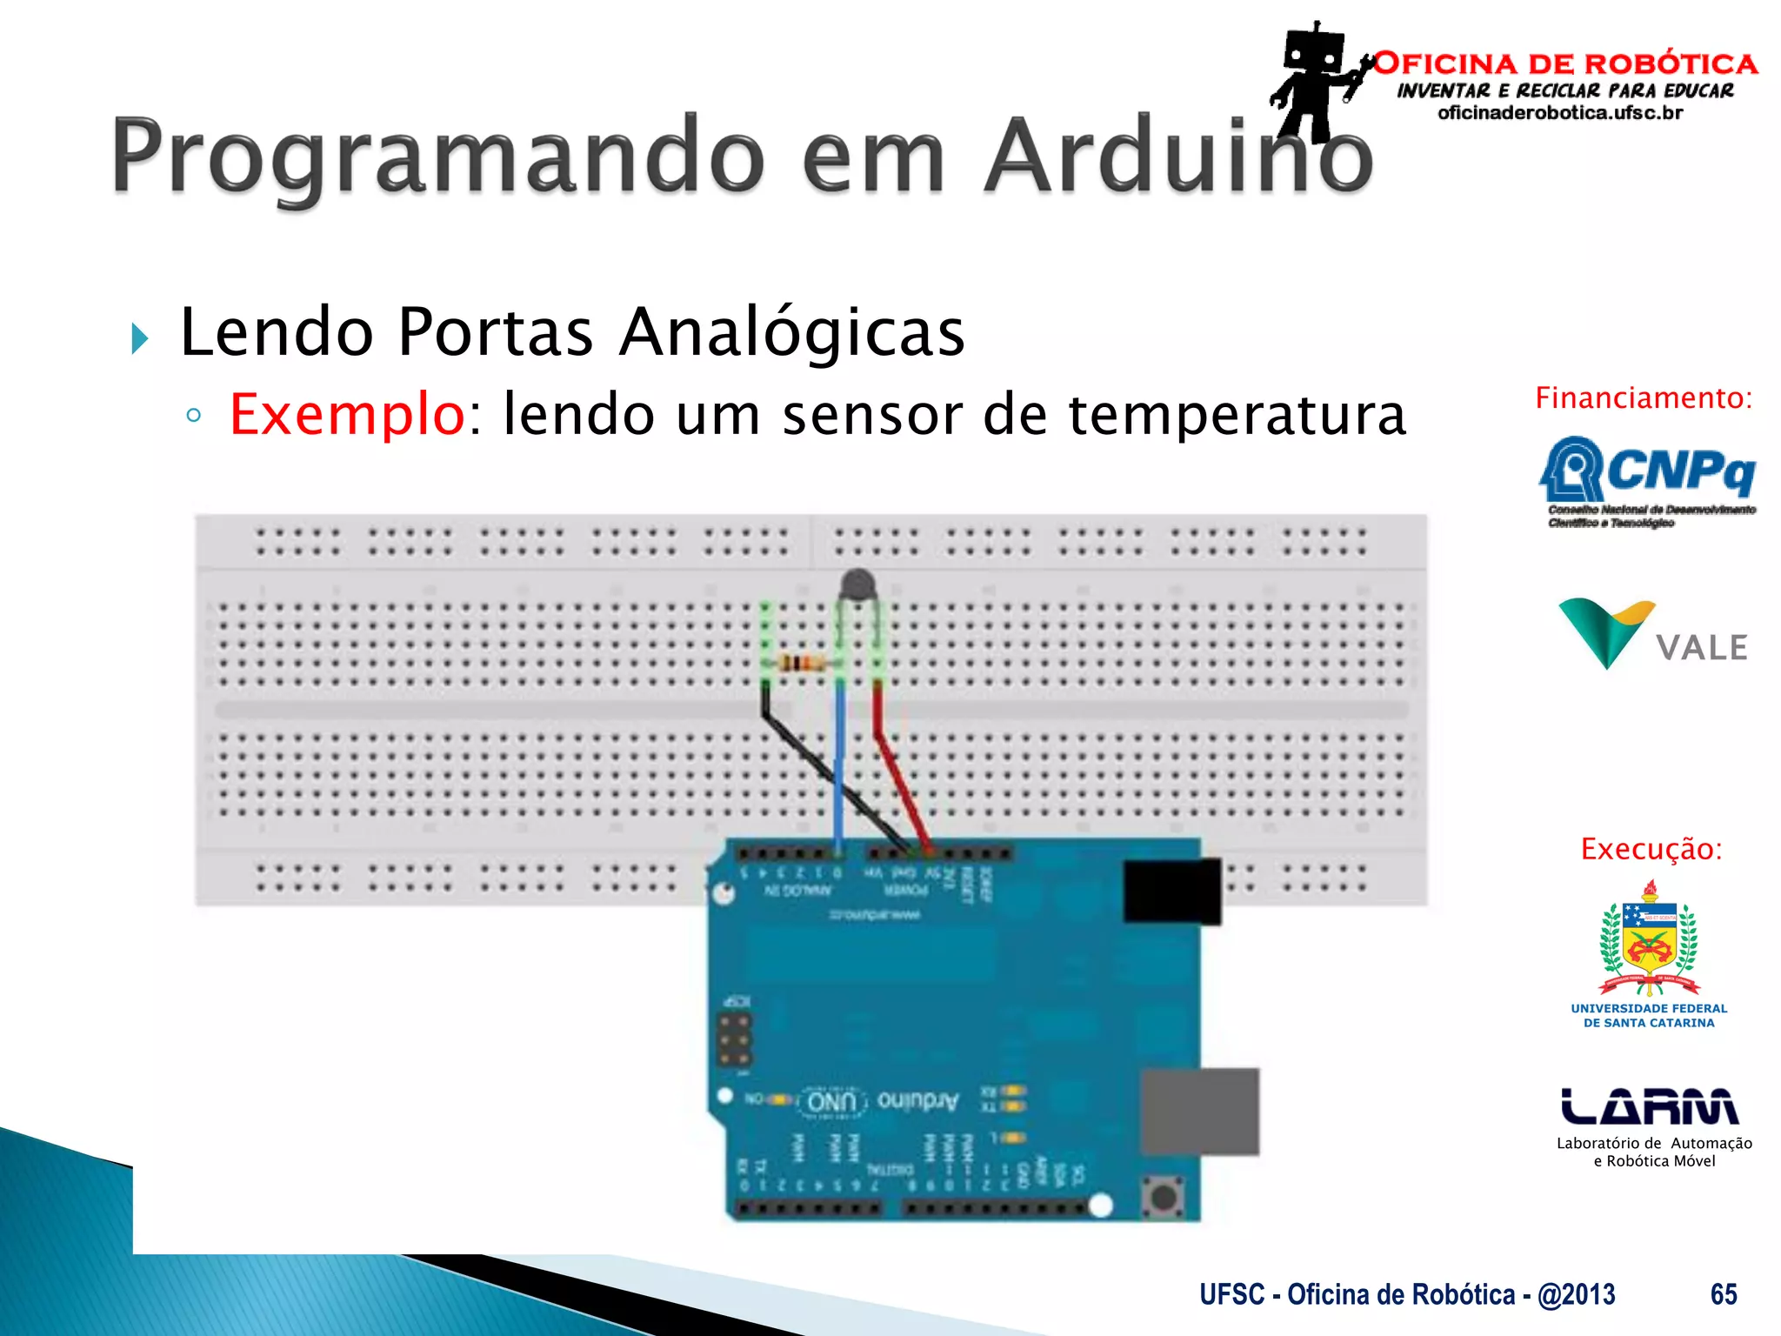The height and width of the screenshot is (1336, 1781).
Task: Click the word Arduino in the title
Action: coord(1178,157)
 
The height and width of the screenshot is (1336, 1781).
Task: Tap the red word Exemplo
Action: coord(347,414)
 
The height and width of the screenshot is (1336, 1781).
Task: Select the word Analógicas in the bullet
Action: coord(791,332)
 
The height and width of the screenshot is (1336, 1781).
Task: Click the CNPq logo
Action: coord(1648,480)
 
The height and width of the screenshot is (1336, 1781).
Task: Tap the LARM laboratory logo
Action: coord(1650,1107)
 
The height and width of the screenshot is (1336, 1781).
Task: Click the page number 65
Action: coord(1723,1294)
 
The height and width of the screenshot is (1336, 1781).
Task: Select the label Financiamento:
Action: coord(1644,398)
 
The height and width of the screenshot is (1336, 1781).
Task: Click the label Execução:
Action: coord(1651,849)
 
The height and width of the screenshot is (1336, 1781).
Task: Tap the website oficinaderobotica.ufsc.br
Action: coord(1560,113)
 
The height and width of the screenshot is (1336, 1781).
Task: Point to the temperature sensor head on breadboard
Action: coord(858,584)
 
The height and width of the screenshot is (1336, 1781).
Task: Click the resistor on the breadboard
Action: coord(802,665)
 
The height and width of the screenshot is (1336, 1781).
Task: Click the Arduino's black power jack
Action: coord(1171,891)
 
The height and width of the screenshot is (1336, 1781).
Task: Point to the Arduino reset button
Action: coord(1162,1198)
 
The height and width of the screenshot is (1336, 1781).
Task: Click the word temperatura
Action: coord(1237,414)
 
